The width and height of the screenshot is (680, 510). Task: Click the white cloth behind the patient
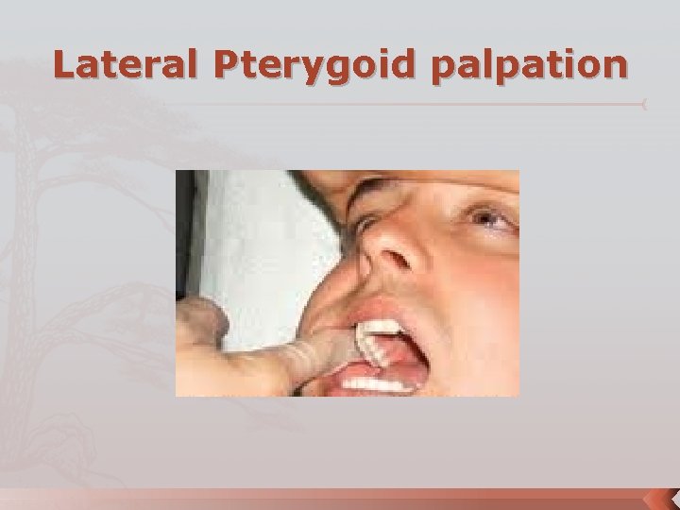(x=255, y=236)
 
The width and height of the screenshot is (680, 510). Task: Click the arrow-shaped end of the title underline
(x=644, y=104)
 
